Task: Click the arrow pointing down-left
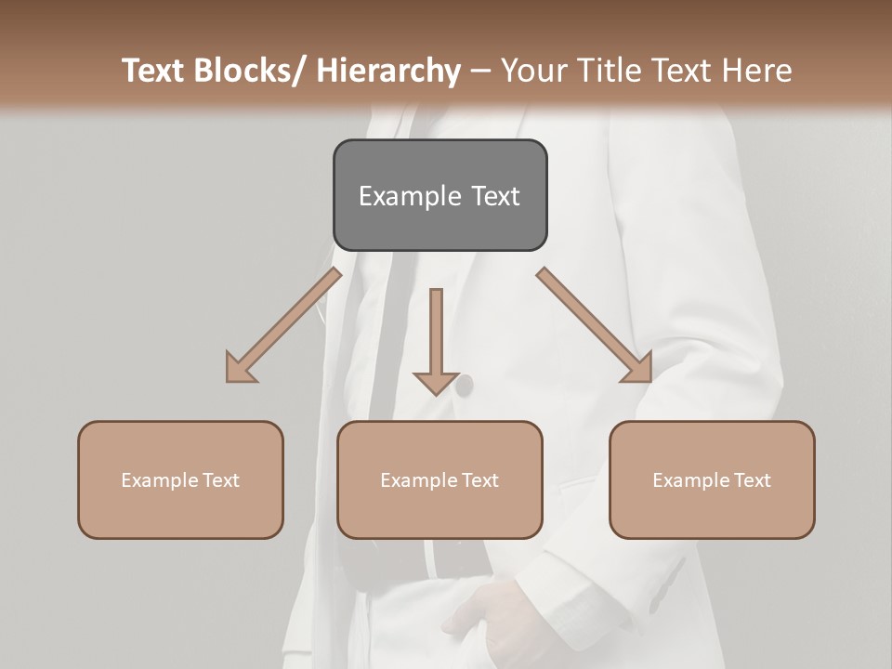pos(283,325)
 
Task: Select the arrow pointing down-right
pos(596,325)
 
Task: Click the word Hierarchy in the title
pos(388,71)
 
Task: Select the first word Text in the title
pos(155,71)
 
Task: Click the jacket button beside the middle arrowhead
pos(463,384)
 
